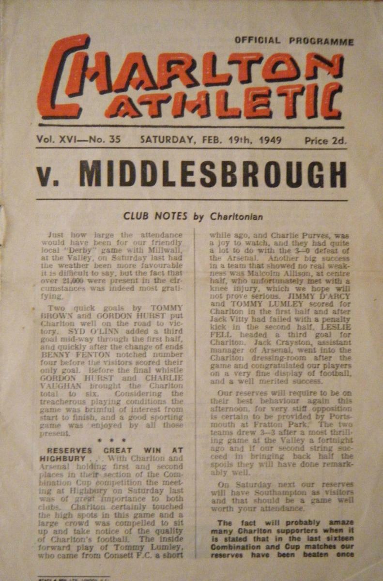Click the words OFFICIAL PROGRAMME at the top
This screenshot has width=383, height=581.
[x=294, y=41]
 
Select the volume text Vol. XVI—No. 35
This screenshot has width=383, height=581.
[x=78, y=140]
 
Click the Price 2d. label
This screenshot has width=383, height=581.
[x=325, y=141]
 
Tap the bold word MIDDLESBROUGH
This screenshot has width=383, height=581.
[x=213, y=175]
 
